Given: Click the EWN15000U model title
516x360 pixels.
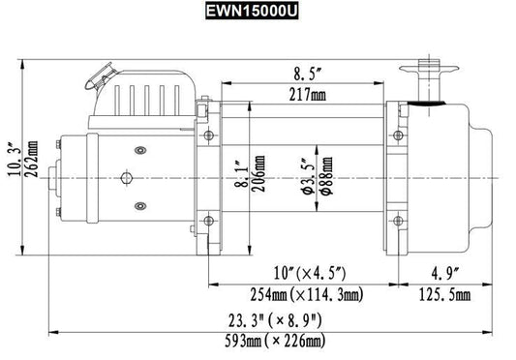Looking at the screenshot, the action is click(x=252, y=11).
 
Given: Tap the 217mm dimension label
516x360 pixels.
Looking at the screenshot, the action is click(x=308, y=95).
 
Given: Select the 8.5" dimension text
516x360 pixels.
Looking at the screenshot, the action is click(x=307, y=75).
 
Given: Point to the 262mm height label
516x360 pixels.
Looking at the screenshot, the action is click(x=32, y=160).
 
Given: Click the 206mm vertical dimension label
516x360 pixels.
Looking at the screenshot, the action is click(x=259, y=174).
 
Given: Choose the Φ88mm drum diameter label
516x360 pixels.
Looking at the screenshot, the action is click(x=326, y=176).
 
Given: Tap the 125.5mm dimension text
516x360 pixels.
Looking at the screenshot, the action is click(x=444, y=295).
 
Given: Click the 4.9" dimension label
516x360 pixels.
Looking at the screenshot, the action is click(x=445, y=273).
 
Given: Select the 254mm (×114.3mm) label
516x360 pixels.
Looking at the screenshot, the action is click(x=307, y=294).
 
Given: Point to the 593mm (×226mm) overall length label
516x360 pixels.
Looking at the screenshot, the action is click(x=275, y=341).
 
